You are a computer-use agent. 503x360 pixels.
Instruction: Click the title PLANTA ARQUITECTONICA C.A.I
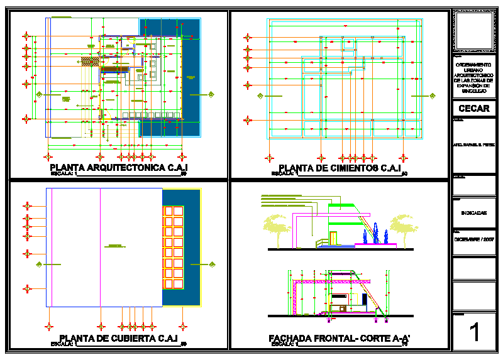[119, 168]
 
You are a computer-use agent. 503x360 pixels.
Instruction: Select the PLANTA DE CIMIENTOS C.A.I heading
[340, 168]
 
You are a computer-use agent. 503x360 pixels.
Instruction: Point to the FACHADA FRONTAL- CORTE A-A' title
[339, 338]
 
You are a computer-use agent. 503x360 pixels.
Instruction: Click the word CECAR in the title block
[473, 108]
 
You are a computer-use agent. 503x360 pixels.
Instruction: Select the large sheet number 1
[474, 332]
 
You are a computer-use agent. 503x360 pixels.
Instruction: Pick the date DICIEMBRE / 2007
[473, 239]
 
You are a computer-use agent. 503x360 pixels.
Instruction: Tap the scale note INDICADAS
[473, 212]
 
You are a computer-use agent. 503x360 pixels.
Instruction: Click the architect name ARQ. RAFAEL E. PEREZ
[473, 145]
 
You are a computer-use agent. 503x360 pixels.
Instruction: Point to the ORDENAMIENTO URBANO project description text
[473, 78]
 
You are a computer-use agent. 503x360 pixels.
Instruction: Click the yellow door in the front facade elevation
[333, 237]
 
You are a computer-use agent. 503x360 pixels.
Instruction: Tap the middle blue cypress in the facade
[375, 233]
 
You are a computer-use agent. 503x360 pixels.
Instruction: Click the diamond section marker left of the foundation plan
[258, 95]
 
